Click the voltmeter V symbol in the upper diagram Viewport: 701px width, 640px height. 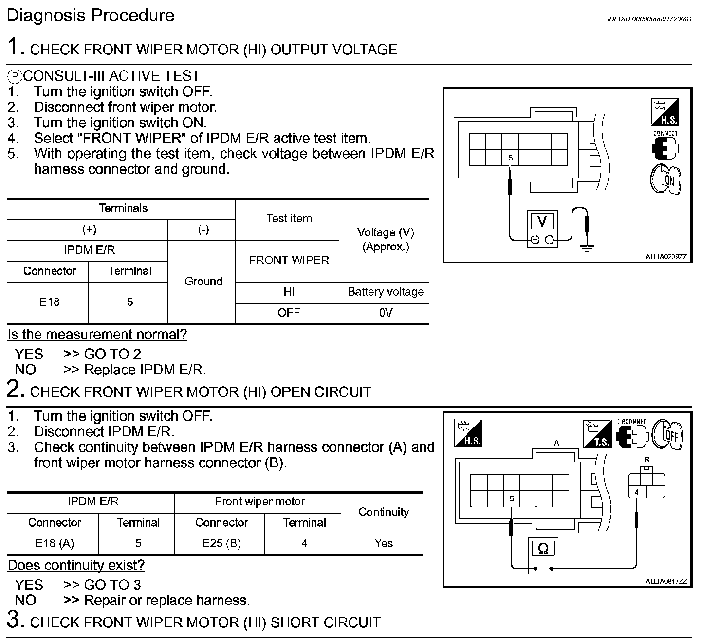pyautogui.click(x=542, y=221)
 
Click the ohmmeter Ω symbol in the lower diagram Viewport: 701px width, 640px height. pyautogui.click(x=543, y=549)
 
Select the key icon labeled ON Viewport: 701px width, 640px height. pyautogui.click(x=666, y=179)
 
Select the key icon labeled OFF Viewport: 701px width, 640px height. pyautogui.click(x=668, y=434)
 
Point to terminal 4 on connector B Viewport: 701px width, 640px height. pyautogui.click(x=636, y=492)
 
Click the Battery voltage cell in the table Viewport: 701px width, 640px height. pyautogui.click(x=385, y=292)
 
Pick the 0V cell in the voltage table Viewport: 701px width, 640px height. pyautogui.click(x=385, y=313)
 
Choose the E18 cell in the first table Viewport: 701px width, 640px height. pyautogui.click(x=49, y=302)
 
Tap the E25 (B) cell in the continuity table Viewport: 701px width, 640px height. pyautogui.click(x=221, y=544)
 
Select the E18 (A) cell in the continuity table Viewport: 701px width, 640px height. pyautogui.click(x=55, y=544)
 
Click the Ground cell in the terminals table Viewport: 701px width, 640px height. pyautogui.click(x=203, y=282)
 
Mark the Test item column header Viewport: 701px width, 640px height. pyautogui.click(x=289, y=219)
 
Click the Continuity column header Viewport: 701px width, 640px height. pyautogui.click(x=384, y=512)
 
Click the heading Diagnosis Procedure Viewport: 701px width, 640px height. pyautogui.click(x=91, y=16)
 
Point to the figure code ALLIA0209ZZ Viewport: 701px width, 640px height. pyautogui.click(x=665, y=257)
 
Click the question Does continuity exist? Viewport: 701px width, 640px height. pyautogui.click(x=76, y=566)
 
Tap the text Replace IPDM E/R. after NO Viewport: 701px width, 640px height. pyautogui.click(x=145, y=370)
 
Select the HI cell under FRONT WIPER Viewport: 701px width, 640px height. pyautogui.click(x=289, y=292)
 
